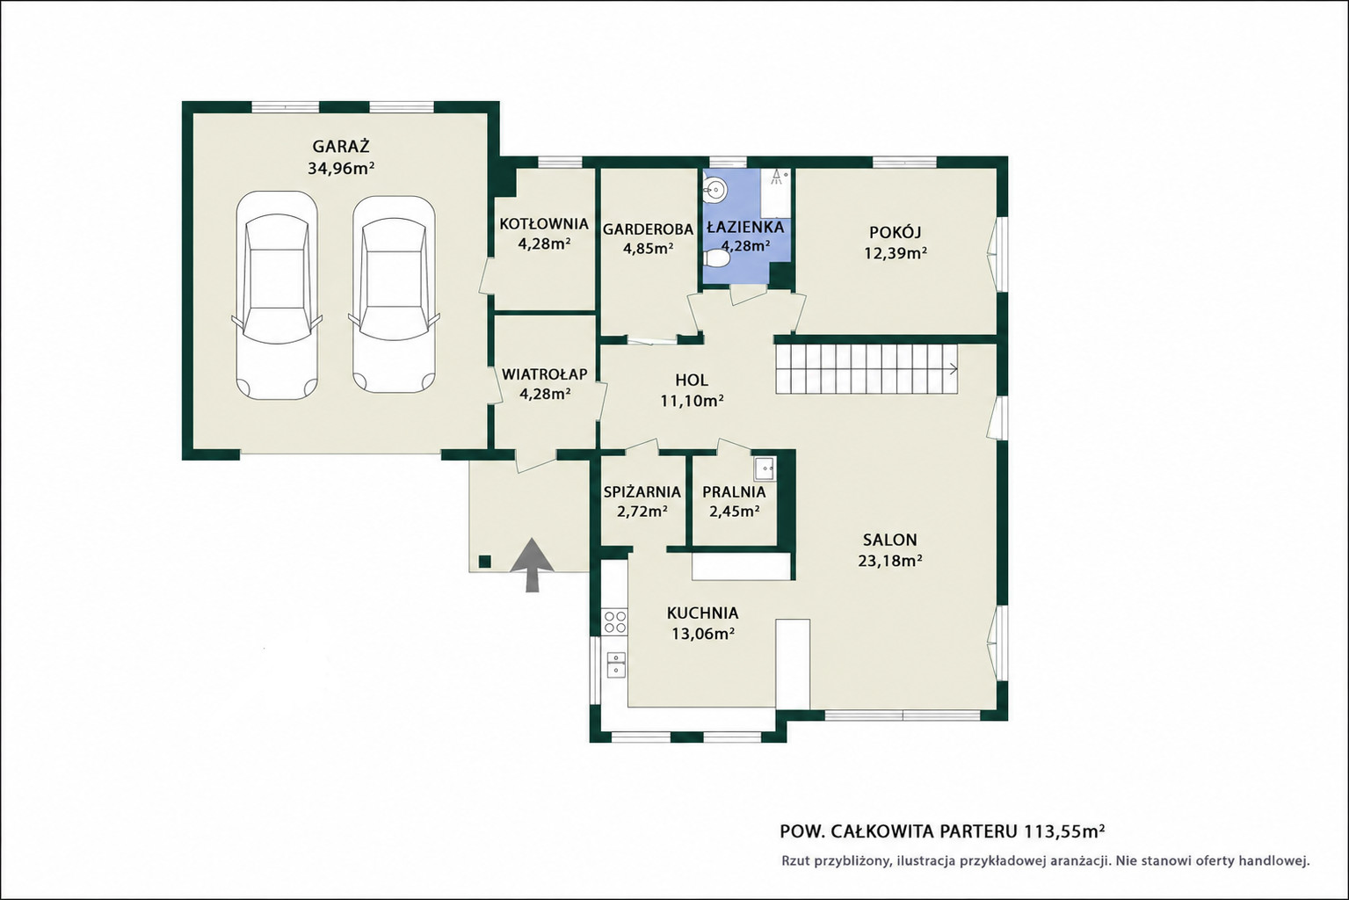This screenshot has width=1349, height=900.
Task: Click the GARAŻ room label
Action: tap(341, 147)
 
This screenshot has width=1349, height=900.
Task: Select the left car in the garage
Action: tap(277, 295)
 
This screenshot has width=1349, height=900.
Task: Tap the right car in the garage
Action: tap(394, 295)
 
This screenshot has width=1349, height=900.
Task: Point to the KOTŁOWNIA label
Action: tap(544, 224)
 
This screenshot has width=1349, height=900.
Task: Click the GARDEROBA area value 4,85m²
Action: tap(648, 248)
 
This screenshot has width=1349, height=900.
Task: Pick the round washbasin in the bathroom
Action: tap(714, 190)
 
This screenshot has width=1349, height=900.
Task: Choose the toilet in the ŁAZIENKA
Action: tap(716, 258)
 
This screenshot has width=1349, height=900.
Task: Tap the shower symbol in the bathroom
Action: tap(779, 175)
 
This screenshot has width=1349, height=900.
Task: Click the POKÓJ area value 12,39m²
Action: tap(895, 253)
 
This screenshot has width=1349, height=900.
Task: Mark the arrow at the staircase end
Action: tap(954, 369)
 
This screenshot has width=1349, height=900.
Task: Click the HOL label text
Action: tap(692, 380)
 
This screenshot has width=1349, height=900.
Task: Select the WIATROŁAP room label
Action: tap(544, 374)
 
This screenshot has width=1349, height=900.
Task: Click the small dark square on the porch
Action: tap(485, 562)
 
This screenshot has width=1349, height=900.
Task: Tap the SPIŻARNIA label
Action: tap(642, 491)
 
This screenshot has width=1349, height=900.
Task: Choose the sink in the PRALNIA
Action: tap(765, 468)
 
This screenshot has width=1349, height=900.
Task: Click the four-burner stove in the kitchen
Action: tap(615, 621)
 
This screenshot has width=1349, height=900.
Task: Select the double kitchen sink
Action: tap(615, 664)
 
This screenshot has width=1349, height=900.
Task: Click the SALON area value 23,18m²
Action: tap(890, 561)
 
